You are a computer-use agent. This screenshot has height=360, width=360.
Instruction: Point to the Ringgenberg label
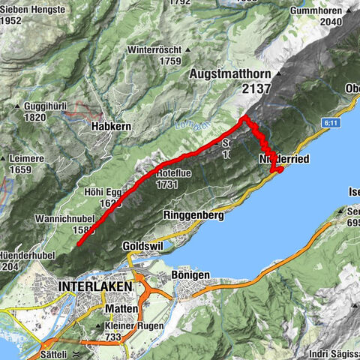point(193,215)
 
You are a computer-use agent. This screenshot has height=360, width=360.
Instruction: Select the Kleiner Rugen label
point(135,326)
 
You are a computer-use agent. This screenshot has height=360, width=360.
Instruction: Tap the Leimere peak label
point(30,159)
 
